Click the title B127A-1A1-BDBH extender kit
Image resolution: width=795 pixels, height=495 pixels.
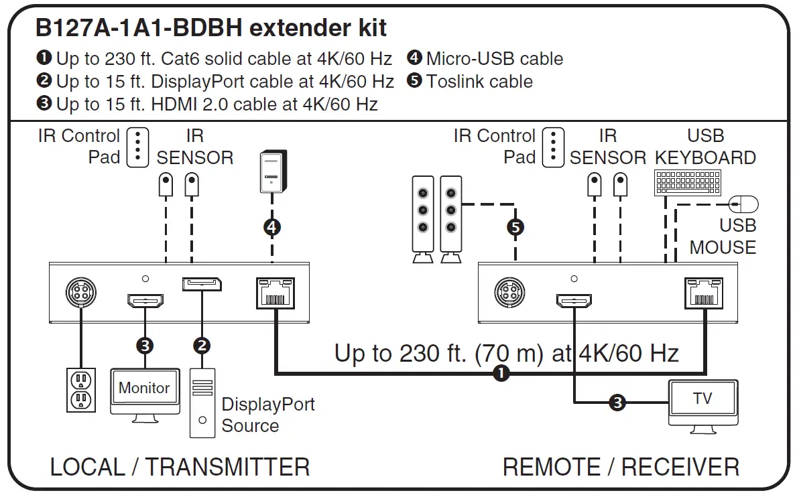(x=210, y=27)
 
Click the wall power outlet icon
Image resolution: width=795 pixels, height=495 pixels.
(x=81, y=390)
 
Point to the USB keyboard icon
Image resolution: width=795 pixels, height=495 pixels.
(x=688, y=182)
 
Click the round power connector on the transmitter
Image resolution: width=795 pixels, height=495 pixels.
(x=80, y=293)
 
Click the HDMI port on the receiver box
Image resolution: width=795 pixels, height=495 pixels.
(x=573, y=301)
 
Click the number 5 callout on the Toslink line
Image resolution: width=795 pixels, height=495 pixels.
(x=515, y=227)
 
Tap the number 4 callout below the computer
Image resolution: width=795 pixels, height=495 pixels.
(x=271, y=227)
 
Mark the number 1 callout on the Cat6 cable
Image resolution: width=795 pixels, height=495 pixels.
(x=500, y=373)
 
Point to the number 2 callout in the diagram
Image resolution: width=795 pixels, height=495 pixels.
(x=201, y=346)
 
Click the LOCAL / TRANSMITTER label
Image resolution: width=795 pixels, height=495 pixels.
(x=180, y=467)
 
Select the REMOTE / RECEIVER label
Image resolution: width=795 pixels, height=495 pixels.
(x=621, y=467)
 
